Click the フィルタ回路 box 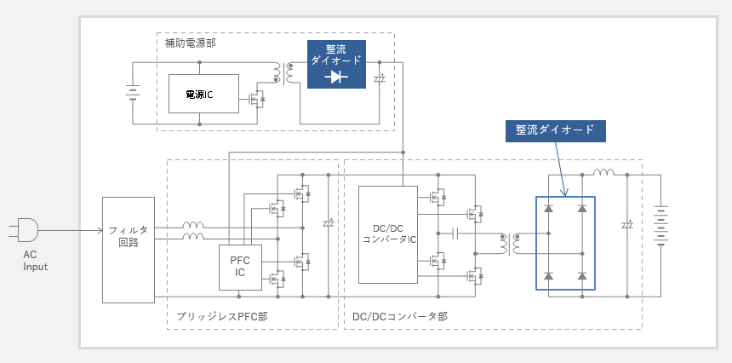[129, 250]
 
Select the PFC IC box [239, 266]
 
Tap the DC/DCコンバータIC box [388, 234]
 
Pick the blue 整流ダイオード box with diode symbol [336, 64]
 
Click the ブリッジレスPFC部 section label [222, 317]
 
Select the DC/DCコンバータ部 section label [399, 317]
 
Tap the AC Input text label [35, 261]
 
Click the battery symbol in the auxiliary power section [132, 92]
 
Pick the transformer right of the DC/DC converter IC [512, 245]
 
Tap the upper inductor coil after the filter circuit [193, 228]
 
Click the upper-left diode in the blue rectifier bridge [549, 208]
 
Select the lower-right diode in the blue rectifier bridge [582, 275]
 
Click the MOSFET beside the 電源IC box [255, 100]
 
